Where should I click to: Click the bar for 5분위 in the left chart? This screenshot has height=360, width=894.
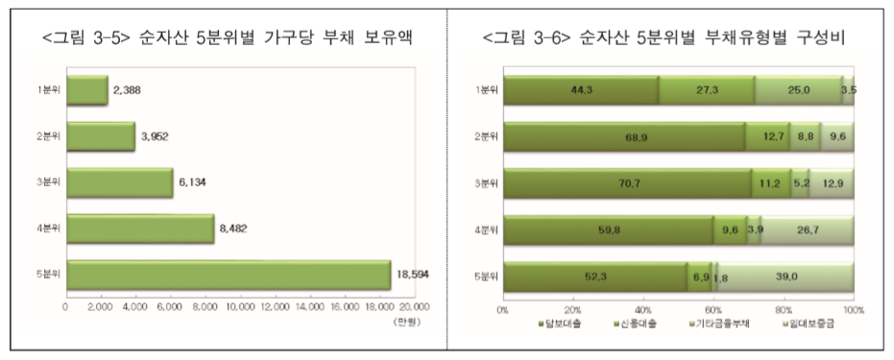click(228, 274)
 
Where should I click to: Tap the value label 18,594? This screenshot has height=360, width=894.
click(414, 274)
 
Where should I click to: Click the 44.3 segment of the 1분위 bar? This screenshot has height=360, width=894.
click(581, 90)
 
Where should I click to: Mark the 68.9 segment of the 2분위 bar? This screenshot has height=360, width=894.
click(624, 136)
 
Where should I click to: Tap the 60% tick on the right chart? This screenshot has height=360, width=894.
click(713, 310)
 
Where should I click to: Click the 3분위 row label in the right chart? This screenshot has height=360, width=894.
click(488, 182)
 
